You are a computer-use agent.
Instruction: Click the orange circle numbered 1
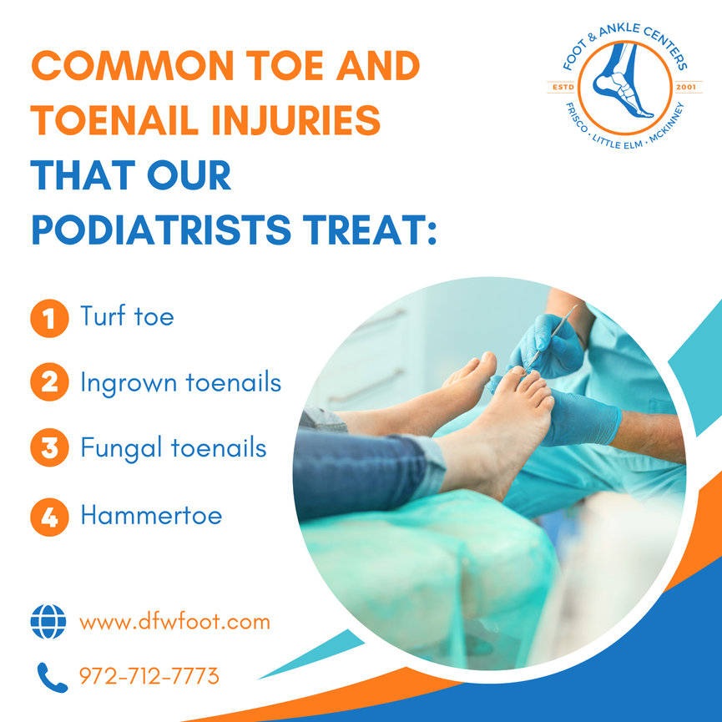[48, 319]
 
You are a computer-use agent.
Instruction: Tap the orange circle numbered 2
[48, 384]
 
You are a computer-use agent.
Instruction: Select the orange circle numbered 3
[48, 450]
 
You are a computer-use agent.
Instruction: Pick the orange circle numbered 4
[48, 517]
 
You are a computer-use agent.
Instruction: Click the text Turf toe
[127, 317]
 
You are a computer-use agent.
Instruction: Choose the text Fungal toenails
[174, 449]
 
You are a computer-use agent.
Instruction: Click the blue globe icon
[48, 623]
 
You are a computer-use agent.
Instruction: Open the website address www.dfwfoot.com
[174, 623]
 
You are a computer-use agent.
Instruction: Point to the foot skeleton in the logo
[622, 87]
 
